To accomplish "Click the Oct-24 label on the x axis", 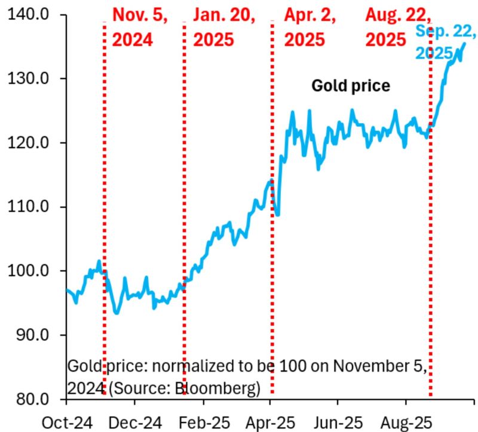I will point(67,422).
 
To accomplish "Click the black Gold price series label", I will point(351,86).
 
